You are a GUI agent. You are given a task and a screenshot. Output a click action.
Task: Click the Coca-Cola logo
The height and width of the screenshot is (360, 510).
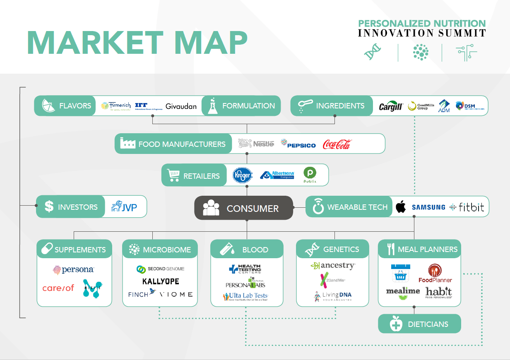pyautogui.click(x=337, y=144)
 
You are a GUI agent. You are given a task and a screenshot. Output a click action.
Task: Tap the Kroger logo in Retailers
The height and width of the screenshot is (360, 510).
pyautogui.click(x=242, y=175)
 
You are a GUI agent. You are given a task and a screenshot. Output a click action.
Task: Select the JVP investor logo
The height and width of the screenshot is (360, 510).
pyautogui.click(x=124, y=206)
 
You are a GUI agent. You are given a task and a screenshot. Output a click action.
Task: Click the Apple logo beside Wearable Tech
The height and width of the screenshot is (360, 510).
pyautogui.click(x=400, y=207)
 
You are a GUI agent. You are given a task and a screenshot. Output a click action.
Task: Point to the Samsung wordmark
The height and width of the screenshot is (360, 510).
pyautogui.click(x=428, y=207)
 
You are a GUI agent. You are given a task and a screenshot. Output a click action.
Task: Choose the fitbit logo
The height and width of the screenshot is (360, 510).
pyautogui.click(x=467, y=207)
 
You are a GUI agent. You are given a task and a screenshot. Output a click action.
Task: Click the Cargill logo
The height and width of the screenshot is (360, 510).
pyautogui.click(x=391, y=107)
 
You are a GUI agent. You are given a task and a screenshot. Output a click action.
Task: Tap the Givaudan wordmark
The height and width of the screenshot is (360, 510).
pyautogui.click(x=181, y=106)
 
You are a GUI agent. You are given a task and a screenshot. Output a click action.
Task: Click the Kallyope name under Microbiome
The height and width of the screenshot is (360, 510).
pyautogui.click(x=161, y=281)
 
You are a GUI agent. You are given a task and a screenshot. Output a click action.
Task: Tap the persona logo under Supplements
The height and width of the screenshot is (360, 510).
pyautogui.click(x=74, y=270)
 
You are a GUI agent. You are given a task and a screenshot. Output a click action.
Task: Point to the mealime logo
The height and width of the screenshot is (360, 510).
pyautogui.click(x=403, y=293)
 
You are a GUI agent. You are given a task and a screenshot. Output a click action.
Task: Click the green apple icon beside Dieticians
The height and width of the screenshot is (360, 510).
pyautogui.click(x=396, y=324)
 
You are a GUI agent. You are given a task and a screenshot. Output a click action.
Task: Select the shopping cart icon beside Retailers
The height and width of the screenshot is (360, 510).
pyautogui.click(x=173, y=175)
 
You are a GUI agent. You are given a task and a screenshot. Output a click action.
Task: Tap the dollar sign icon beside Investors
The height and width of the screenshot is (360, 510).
pyautogui.click(x=49, y=206)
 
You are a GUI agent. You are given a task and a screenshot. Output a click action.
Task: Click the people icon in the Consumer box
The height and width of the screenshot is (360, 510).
pyautogui.click(x=211, y=208)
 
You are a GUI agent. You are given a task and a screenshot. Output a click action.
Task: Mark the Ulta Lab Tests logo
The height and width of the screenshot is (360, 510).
pyautogui.click(x=245, y=297)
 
